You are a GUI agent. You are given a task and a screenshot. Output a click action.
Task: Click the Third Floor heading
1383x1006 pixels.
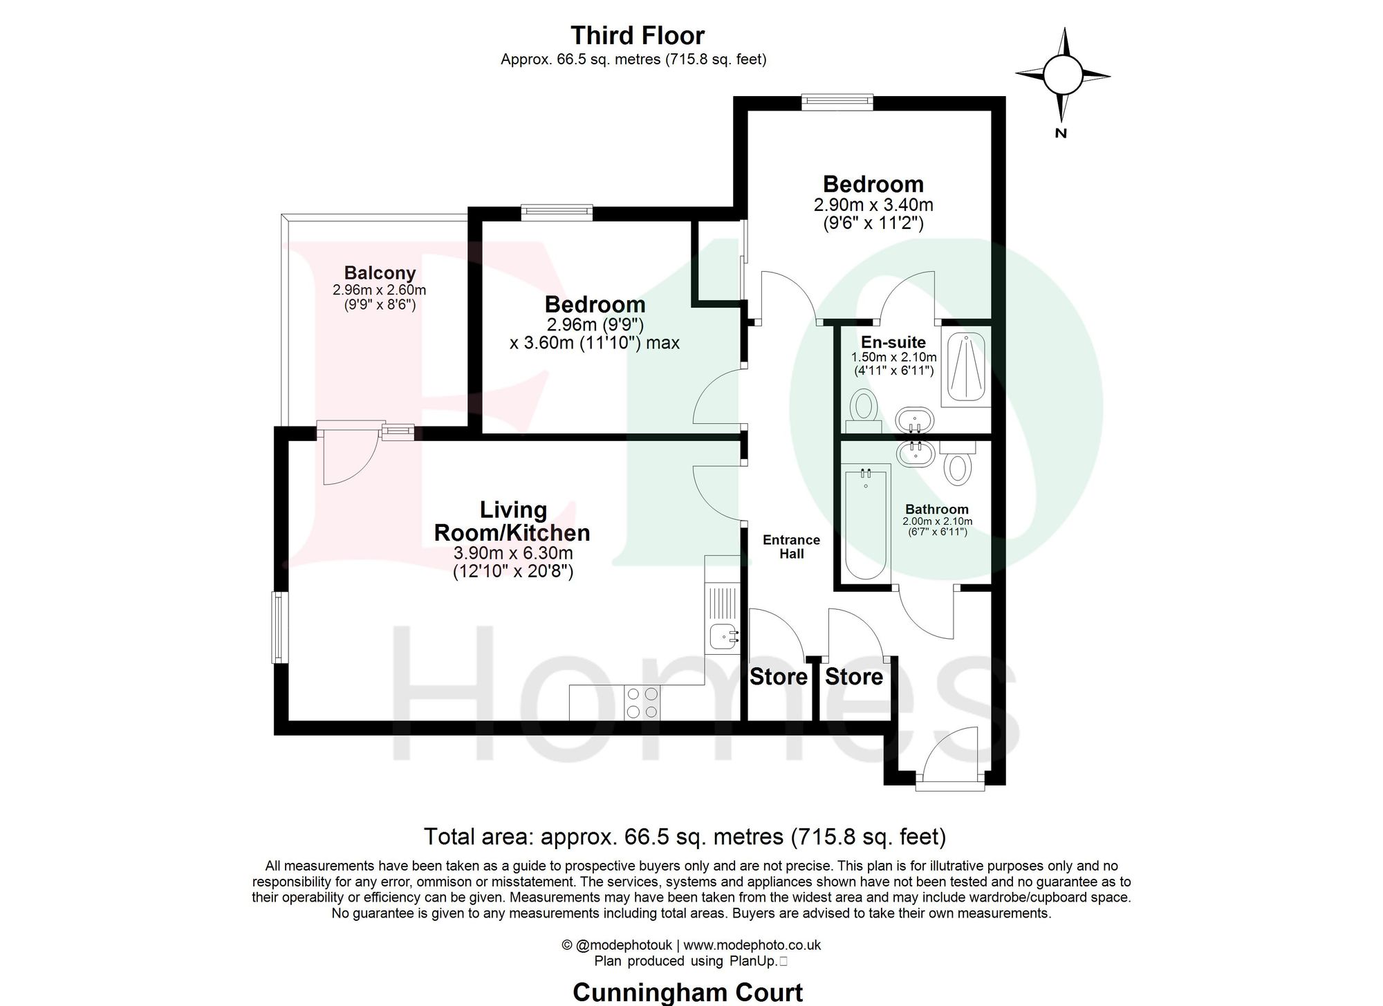coord(638,35)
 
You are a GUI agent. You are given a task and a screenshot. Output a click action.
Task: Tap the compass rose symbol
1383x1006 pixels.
coord(1061,75)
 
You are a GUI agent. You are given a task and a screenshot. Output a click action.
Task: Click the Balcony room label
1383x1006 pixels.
coord(380,273)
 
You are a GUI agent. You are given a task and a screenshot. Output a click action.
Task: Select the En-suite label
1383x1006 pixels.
coord(893,342)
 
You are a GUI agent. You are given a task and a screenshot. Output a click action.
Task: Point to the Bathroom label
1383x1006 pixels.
coord(937,509)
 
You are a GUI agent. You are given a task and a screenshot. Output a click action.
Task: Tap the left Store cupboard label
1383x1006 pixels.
coord(779,676)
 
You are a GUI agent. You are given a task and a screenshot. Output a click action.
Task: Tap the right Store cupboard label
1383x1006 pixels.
coord(853,676)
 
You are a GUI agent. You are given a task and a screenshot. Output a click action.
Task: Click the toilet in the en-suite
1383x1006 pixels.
coord(862,407)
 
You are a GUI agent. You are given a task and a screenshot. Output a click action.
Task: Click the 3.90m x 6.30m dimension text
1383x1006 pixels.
coord(512,553)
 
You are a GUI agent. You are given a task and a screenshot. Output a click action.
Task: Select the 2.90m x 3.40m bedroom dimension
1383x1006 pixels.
coord(873,205)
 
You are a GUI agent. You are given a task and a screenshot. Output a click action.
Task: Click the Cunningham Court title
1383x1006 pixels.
coord(687,993)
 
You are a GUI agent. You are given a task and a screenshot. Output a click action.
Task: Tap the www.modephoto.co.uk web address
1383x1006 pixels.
coord(752,944)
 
